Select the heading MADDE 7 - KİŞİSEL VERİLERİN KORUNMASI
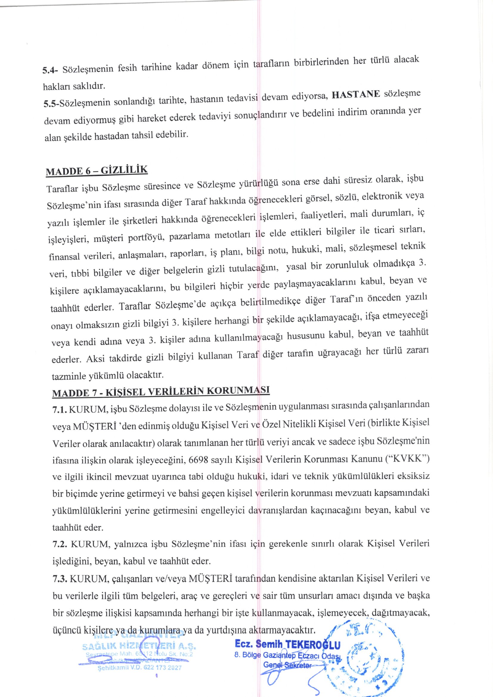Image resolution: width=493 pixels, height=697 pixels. [x=161, y=391]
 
